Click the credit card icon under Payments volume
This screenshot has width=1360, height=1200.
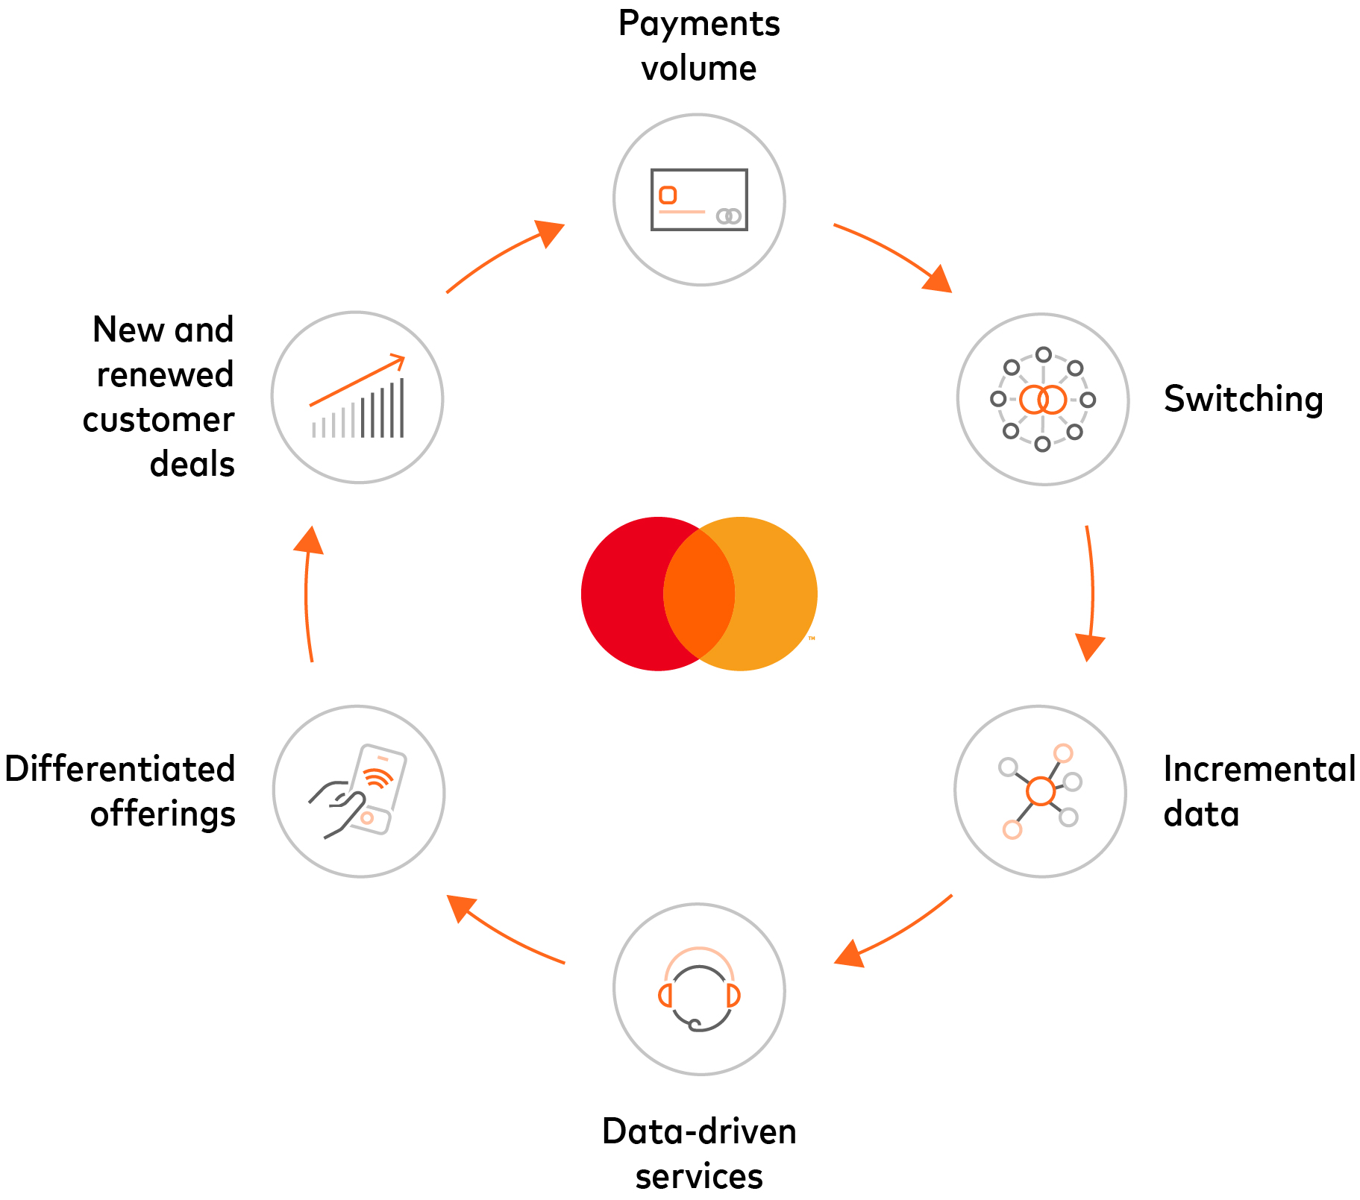coord(699,200)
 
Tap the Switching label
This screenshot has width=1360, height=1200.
coord(1243,399)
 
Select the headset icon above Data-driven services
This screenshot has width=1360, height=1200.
coord(699,990)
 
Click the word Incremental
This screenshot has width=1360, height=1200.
coord(1259,769)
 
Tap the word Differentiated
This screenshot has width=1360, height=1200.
coord(120,769)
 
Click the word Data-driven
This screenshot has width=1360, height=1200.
coord(699,1131)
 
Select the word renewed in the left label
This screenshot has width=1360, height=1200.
coord(165,374)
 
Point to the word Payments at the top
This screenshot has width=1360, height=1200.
coord(699,24)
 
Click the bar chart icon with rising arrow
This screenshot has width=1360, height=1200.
coord(358,398)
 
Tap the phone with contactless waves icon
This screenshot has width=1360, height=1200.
coord(360,791)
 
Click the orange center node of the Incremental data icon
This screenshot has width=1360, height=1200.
coord(1040,791)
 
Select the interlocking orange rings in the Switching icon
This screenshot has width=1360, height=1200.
coord(1043,400)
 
